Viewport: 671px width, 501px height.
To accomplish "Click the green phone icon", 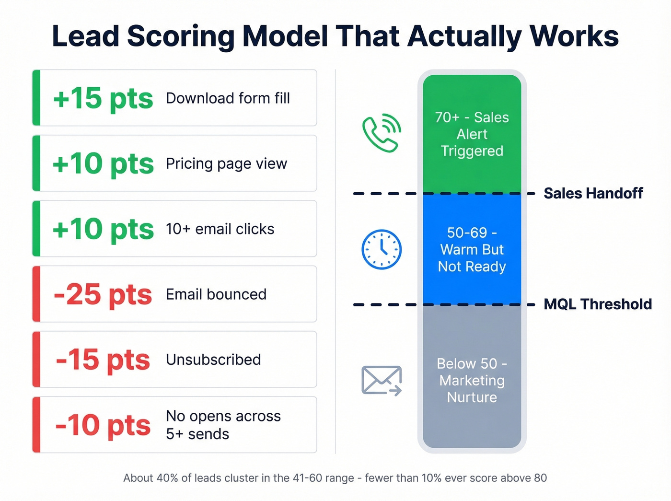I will (x=382, y=133).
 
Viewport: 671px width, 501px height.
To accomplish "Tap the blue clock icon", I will (x=382, y=249).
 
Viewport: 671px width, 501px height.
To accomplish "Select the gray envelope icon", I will (x=382, y=381).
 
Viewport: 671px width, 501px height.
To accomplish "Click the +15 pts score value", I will (x=103, y=99).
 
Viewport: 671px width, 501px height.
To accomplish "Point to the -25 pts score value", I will (x=103, y=294).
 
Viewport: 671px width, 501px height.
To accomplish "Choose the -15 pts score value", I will (x=103, y=360).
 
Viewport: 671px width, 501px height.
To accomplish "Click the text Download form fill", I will (x=228, y=98).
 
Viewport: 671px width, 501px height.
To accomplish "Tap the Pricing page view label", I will (x=226, y=164).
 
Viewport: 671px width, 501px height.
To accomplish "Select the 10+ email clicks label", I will (x=220, y=229).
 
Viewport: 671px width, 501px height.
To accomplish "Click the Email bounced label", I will (x=216, y=294).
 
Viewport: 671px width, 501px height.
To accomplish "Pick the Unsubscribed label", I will (x=213, y=360).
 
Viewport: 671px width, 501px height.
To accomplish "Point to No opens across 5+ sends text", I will (x=223, y=425).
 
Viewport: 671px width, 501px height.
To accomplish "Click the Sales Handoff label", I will (x=593, y=193).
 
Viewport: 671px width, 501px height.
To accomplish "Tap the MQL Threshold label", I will (x=598, y=304).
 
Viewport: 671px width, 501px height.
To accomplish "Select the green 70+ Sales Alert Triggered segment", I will (x=472, y=134).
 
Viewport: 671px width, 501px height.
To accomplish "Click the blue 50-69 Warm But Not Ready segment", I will (x=472, y=249).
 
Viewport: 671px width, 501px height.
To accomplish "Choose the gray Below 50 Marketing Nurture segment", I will (x=472, y=380).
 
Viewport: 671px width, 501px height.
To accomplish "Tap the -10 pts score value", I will (x=103, y=425).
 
